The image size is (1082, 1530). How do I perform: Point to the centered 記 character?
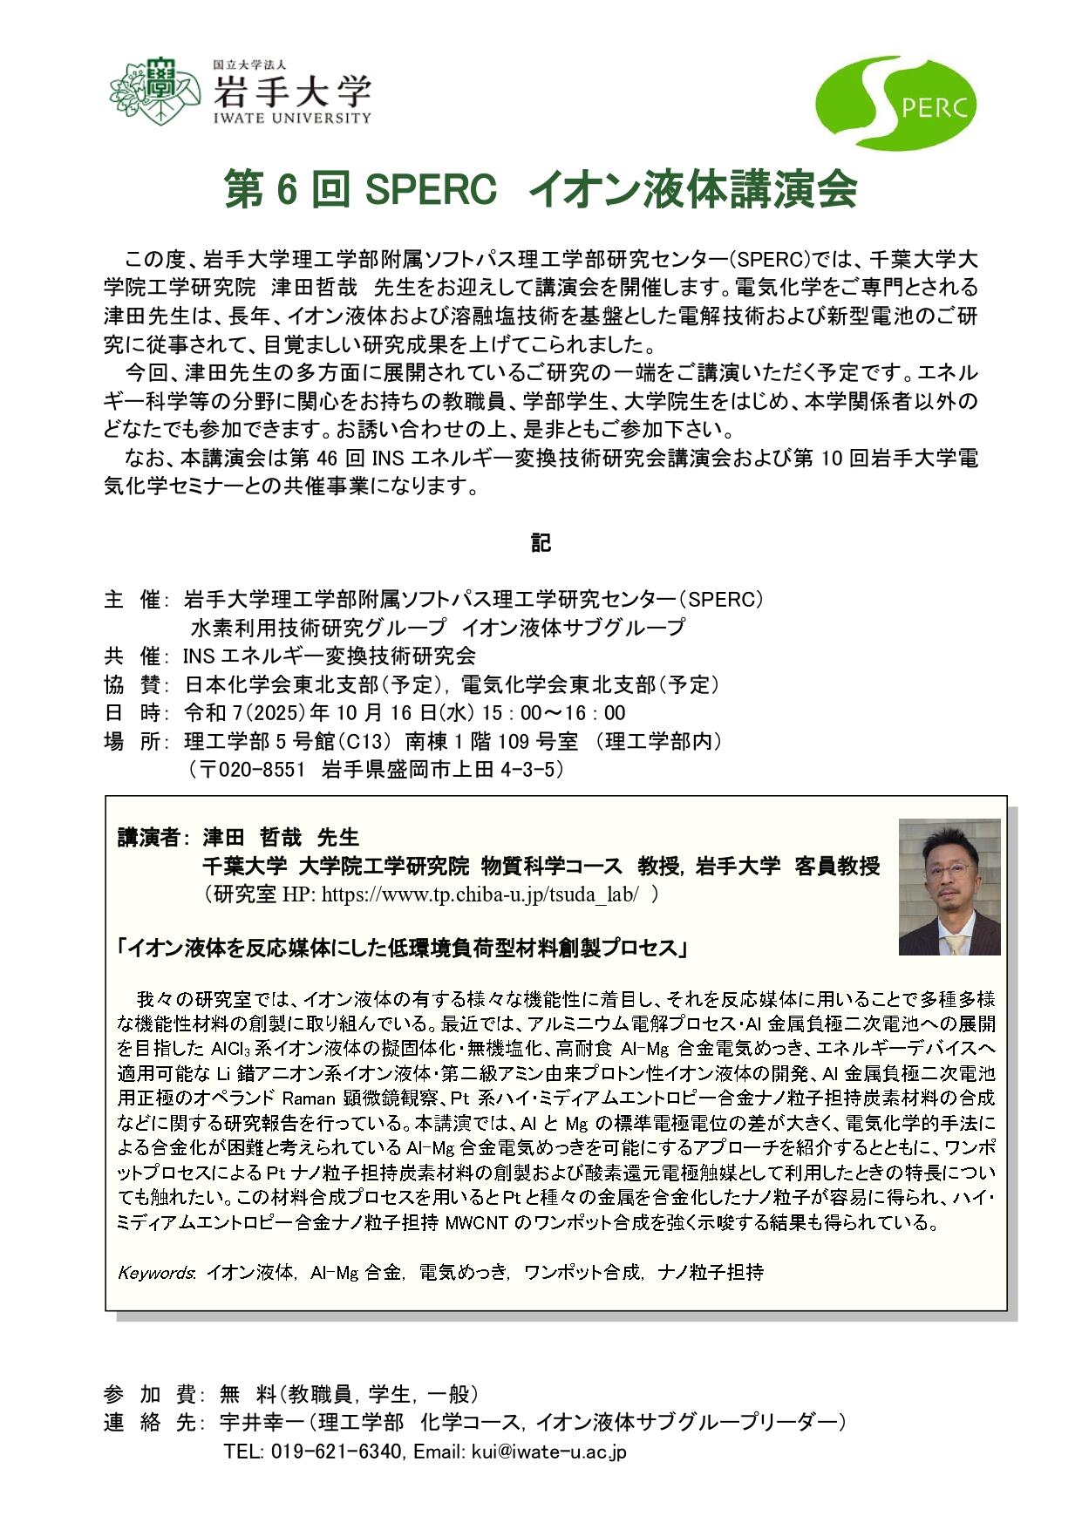(x=541, y=542)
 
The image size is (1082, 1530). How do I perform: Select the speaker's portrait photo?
(x=949, y=887)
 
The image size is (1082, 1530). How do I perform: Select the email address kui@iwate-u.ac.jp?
(x=548, y=1452)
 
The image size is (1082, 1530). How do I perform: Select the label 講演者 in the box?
(x=147, y=838)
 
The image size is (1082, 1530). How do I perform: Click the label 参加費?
(x=140, y=1392)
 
